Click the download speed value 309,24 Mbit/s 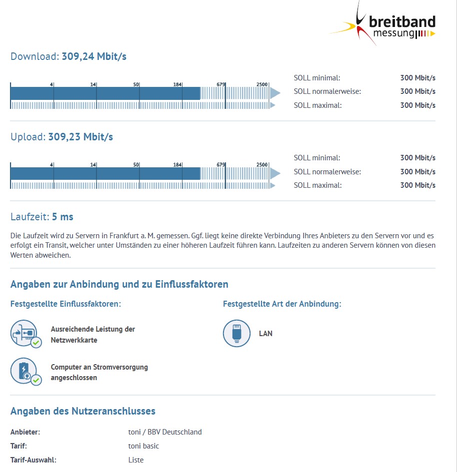[x=94, y=56]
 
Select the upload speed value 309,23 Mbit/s [x=80, y=136]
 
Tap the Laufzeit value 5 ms [x=62, y=217]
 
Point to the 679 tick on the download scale [x=221, y=84]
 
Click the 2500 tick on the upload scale [x=262, y=164]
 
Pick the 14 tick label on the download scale [x=93, y=84]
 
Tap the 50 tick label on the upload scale [x=136, y=164]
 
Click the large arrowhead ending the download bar [x=275, y=93]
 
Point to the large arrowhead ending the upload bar [x=275, y=173]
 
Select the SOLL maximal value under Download [x=417, y=105]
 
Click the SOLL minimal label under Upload [x=317, y=158]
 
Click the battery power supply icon [x=24, y=371]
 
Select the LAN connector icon [x=236, y=333]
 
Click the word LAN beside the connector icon [x=265, y=333]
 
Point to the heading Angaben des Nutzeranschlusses [x=83, y=411]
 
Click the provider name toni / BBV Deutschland [x=165, y=432]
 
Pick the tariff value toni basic [x=143, y=446]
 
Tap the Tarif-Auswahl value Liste [x=136, y=460]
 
